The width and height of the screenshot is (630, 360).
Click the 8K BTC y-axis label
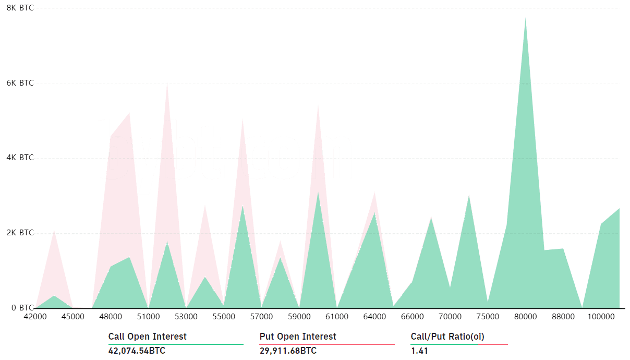pyautogui.click(x=20, y=8)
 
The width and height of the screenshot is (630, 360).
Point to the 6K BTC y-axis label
pyautogui.click(x=20, y=83)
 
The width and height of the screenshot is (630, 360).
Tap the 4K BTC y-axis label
pyautogui.click(x=20, y=158)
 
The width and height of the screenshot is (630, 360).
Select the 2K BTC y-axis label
pyautogui.click(x=20, y=233)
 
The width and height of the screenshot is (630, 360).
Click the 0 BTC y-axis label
pyautogui.click(x=22, y=308)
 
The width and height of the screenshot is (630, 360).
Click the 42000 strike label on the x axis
pyautogui.click(x=35, y=317)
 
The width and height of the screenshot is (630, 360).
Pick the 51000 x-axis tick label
pyautogui.click(x=148, y=317)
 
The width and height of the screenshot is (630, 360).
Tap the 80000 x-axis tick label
pyautogui.click(x=525, y=317)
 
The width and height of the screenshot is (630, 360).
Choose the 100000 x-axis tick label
pyautogui.click(x=601, y=317)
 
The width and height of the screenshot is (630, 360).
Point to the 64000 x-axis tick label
pyautogui.click(x=374, y=317)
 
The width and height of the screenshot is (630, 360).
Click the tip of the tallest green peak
pyautogui.click(x=525, y=18)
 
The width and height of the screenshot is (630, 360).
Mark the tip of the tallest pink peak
pyautogui.click(x=167, y=82)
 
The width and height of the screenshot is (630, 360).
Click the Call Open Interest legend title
pyautogui.click(x=148, y=337)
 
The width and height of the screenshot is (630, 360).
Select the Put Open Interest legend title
pyautogui.click(x=298, y=337)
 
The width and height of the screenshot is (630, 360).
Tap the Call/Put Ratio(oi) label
pyautogui.click(x=447, y=337)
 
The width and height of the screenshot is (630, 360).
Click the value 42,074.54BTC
pyautogui.click(x=137, y=351)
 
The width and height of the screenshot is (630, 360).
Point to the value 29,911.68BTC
pyautogui.click(x=288, y=351)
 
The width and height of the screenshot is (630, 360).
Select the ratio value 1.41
pyautogui.click(x=419, y=351)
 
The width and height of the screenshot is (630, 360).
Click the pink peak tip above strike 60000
pyautogui.click(x=318, y=105)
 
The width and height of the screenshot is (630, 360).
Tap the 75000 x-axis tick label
pyautogui.click(x=488, y=317)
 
